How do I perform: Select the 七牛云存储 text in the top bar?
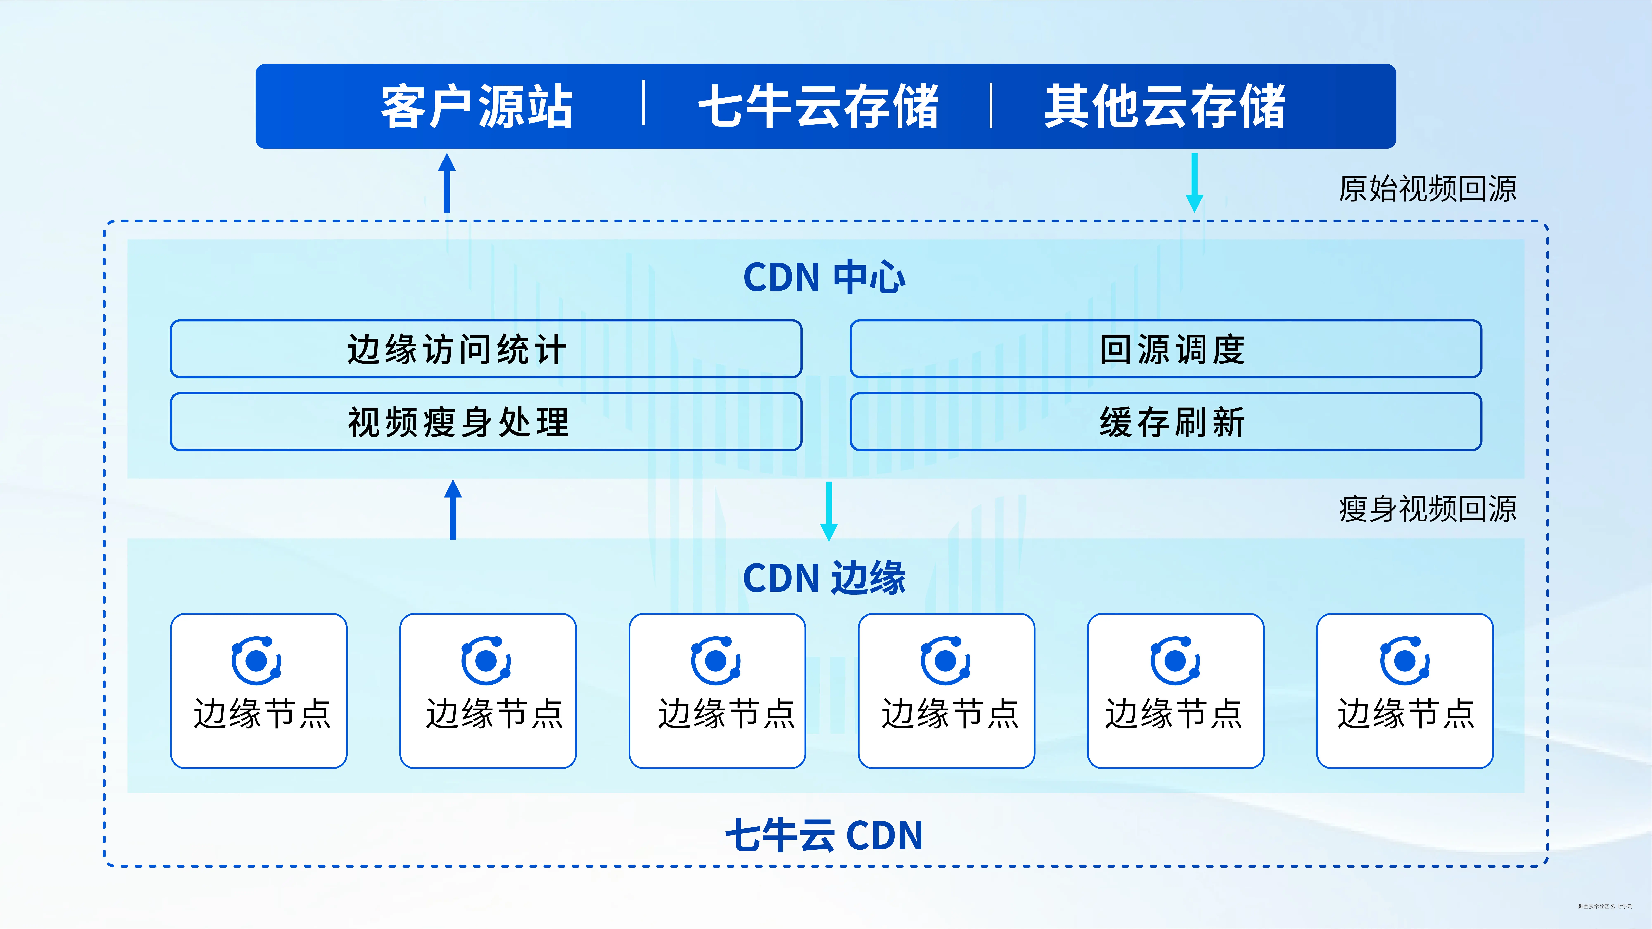pos(818,107)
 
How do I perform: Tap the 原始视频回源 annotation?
pos(1428,188)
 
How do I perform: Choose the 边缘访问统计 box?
pos(485,349)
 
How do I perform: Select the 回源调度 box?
pos(1165,349)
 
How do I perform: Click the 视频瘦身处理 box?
pos(485,422)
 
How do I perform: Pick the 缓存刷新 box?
pos(1165,422)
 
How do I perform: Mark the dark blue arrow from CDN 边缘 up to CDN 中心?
pos(453,510)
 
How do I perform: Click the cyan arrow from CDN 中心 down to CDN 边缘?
pos(829,511)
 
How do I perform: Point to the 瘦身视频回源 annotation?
pos(1428,509)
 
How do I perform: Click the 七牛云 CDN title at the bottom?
pos(825,835)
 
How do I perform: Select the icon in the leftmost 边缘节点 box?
pos(256,660)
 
